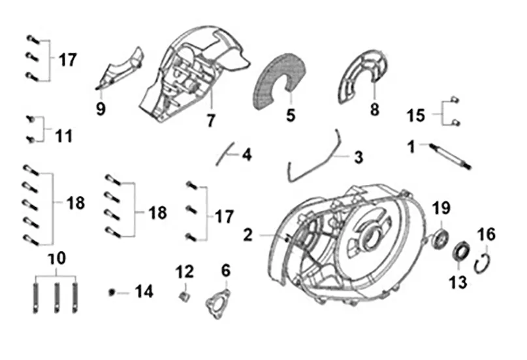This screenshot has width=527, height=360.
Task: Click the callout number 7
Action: (211, 121)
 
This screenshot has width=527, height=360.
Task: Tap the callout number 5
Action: (290, 116)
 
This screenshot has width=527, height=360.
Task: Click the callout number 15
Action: (416, 116)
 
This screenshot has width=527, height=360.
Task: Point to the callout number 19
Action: (442, 209)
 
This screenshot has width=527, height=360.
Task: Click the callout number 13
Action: (458, 282)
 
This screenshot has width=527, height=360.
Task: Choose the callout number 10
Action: (57, 258)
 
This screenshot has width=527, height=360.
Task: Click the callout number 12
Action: (185, 270)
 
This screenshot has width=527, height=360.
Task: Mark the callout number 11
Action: (63, 137)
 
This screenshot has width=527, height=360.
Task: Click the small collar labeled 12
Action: (184, 297)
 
